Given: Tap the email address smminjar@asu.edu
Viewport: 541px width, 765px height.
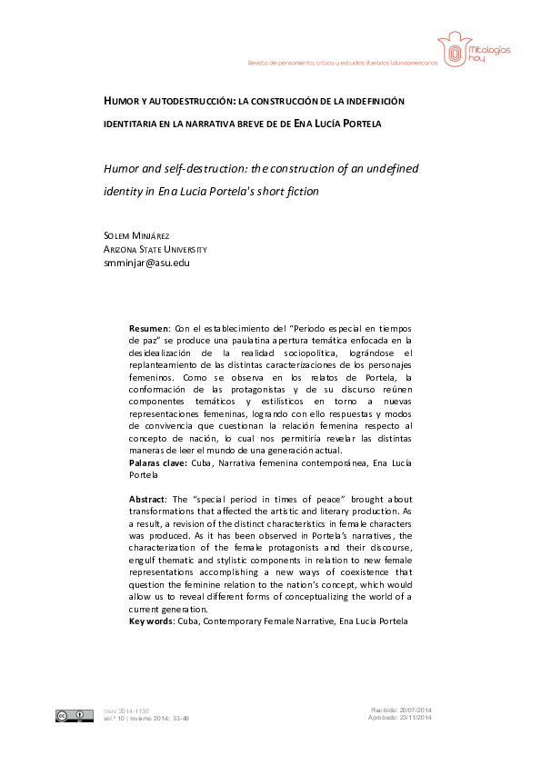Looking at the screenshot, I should [141, 263].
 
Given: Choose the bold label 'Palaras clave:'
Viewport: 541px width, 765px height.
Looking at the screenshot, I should [157, 462].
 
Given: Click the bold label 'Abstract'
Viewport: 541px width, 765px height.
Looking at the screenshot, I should [148, 501].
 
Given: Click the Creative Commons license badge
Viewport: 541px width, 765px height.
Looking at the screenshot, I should [74, 715].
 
